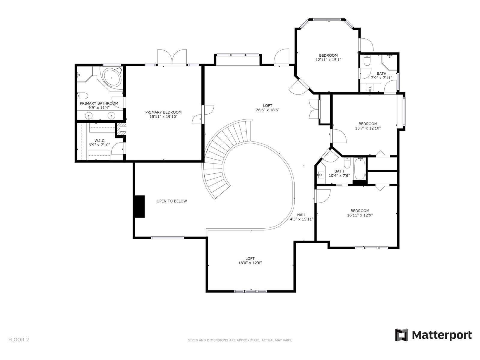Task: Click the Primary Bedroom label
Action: (x=163, y=114)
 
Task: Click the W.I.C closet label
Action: (x=99, y=142)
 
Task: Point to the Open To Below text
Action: (x=172, y=201)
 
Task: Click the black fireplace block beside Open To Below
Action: (x=139, y=207)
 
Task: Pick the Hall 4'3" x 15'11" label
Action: (x=302, y=217)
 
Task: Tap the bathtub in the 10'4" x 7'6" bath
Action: (x=359, y=169)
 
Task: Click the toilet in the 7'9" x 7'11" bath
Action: (x=367, y=60)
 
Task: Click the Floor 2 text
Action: (x=19, y=340)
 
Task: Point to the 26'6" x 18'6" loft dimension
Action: (x=268, y=110)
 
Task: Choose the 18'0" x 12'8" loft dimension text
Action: (x=250, y=263)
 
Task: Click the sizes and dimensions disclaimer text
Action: (x=240, y=340)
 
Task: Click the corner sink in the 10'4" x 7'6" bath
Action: (x=321, y=174)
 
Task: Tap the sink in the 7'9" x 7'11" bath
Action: (x=370, y=88)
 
